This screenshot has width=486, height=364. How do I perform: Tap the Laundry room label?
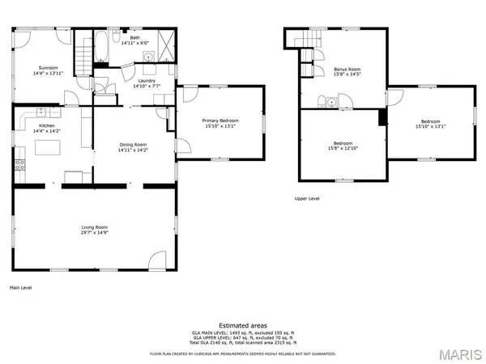point(147,81)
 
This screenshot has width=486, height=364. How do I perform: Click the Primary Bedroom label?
point(220,121)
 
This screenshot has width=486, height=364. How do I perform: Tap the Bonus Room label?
point(347,70)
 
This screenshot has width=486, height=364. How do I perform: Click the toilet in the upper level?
point(323,101)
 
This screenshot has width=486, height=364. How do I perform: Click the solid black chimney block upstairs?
point(383,117)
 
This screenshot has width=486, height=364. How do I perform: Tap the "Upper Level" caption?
point(308,198)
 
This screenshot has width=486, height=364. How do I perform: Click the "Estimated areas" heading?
point(242,325)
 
